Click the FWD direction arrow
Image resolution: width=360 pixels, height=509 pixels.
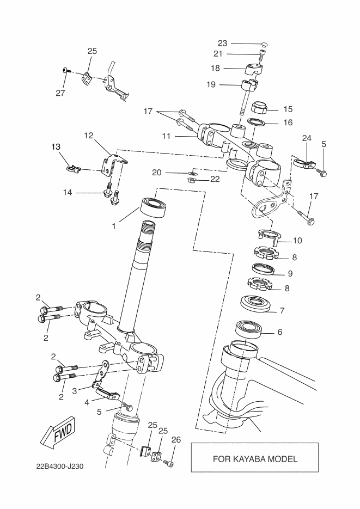point(57,433)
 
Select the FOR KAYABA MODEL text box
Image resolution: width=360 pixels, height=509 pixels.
point(254,458)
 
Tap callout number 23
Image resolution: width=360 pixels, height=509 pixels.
point(222,43)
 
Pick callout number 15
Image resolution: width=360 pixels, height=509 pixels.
point(288,109)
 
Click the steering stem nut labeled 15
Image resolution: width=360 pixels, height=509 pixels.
point(261,106)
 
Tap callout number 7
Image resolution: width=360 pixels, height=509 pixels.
point(282,311)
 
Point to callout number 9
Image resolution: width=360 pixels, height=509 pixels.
point(290,273)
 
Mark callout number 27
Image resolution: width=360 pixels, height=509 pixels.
point(60,93)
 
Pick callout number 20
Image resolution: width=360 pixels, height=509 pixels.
point(157,173)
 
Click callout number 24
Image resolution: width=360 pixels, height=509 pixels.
point(307,138)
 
